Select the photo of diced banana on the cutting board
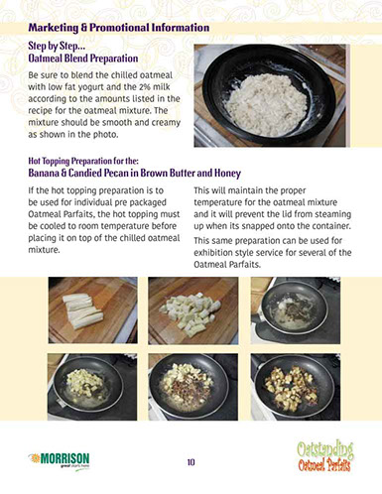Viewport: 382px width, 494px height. tap(192, 309)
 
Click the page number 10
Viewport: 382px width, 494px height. tap(191, 461)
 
